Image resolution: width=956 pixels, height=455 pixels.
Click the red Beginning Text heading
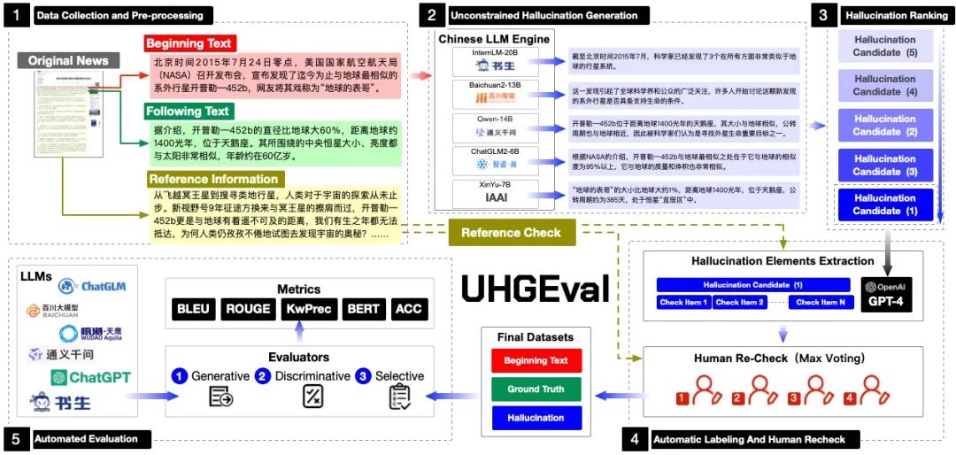[x=189, y=43]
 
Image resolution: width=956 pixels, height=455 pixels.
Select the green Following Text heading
[x=188, y=112]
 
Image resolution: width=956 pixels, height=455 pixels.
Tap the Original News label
[x=68, y=61]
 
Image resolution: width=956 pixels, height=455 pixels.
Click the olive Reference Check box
[x=512, y=233]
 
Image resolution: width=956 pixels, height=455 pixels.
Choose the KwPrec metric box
[x=306, y=309]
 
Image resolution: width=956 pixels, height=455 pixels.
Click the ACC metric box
[x=408, y=309]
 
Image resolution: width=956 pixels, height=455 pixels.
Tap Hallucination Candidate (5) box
[x=884, y=47]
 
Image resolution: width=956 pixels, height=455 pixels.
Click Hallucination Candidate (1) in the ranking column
[x=884, y=204]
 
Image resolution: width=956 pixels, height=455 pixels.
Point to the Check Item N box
[x=821, y=303]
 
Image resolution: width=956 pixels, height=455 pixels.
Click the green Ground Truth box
[x=536, y=389]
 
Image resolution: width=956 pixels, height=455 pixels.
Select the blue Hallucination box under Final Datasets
[x=536, y=418]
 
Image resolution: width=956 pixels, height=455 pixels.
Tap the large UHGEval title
[x=535, y=290]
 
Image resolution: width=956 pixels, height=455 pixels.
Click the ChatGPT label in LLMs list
[x=91, y=377]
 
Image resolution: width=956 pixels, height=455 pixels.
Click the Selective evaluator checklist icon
[x=400, y=397]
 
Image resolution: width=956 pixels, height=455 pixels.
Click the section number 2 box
[x=431, y=15]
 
